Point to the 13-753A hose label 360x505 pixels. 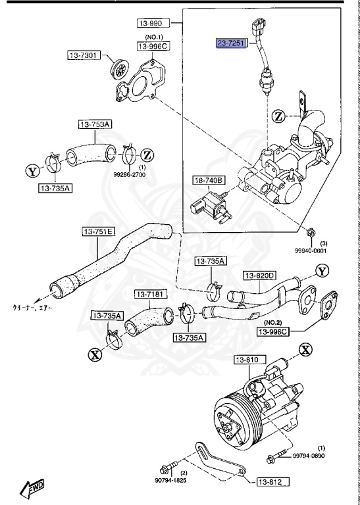(95, 124)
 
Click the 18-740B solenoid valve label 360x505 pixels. (209, 180)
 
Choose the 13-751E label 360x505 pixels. (99, 231)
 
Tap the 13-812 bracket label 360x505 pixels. (271, 482)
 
